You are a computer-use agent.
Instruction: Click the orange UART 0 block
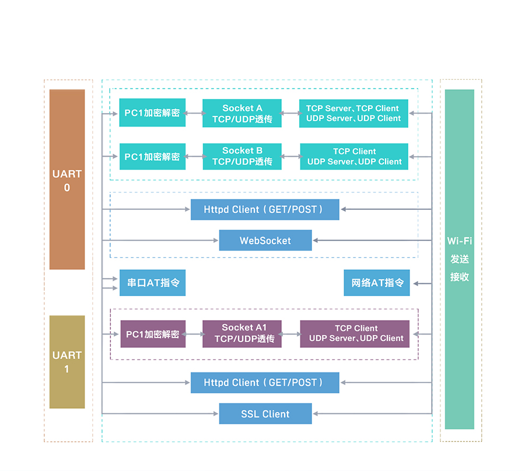pos(67,180)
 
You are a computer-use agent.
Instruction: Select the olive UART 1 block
pos(67,361)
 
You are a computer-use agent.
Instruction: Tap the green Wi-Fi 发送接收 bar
pos(460,259)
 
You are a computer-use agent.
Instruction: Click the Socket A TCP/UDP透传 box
pos(242,113)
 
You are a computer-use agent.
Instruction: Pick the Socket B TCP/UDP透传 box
pos(242,156)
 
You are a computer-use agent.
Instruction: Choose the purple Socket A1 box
pos(242,333)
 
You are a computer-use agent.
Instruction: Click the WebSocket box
pos(265,240)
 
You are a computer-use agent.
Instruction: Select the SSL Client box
pos(265,414)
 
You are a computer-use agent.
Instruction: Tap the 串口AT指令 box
pos(153,283)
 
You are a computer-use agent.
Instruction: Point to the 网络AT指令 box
pos(377,283)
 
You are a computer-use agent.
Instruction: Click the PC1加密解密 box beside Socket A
pos(153,113)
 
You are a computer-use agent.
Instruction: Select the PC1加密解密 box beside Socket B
pos(153,156)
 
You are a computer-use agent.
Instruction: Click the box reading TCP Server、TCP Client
pos(353,113)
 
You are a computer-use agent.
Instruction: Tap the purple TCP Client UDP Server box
pos(355,333)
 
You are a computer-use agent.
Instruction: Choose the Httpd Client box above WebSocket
pos(265,209)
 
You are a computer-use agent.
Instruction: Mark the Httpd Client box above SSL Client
pos(265,382)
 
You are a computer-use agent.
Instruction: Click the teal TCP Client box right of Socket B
pos(354,156)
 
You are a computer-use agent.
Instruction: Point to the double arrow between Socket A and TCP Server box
pos(290,113)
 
